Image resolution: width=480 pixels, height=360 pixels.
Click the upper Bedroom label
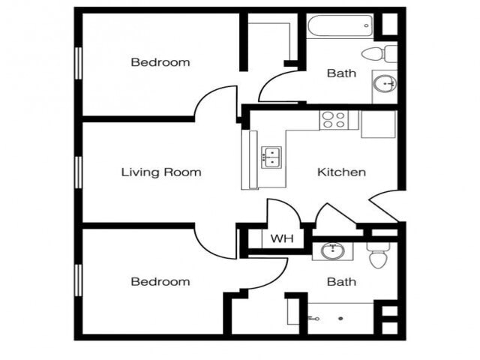pyautogui.click(x=160, y=62)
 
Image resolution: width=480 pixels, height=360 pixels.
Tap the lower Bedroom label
pyautogui.click(x=160, y=282)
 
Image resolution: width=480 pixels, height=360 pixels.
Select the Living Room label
pyautogui.click(x=161, y=172)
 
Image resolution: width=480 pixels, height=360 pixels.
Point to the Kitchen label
pyautogui.click(x=341, y=172)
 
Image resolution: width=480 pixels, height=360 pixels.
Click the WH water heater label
pyautogui.click(x=281, y=239)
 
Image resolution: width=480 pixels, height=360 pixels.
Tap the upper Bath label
pyautogui.click(x=341, y=73)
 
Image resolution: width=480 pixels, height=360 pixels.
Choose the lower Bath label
pyautogui.click(x=341, y=282)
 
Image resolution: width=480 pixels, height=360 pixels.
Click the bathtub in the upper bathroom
pyautogui.click(x=339, y=26)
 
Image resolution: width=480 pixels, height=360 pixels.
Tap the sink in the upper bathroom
pyautogui.click(x=385, y=82)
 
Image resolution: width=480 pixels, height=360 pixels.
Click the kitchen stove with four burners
pyautogui.click(x=334, y=119)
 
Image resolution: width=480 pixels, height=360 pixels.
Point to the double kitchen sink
pyautogui.click(x=271, y=157)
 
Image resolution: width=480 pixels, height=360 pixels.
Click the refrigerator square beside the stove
pyautogui.click(x=377, y=124)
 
